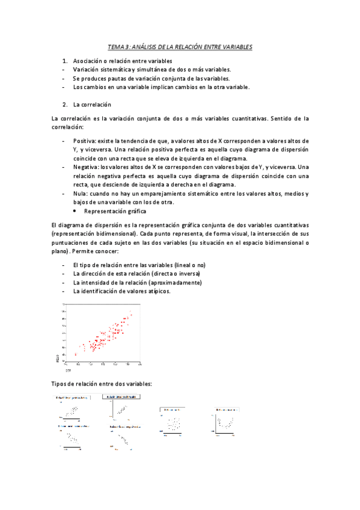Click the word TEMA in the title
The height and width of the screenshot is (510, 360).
pos(115,46)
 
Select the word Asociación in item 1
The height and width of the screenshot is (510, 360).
pos(88,61)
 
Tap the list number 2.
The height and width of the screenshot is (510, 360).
pos(64,104)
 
